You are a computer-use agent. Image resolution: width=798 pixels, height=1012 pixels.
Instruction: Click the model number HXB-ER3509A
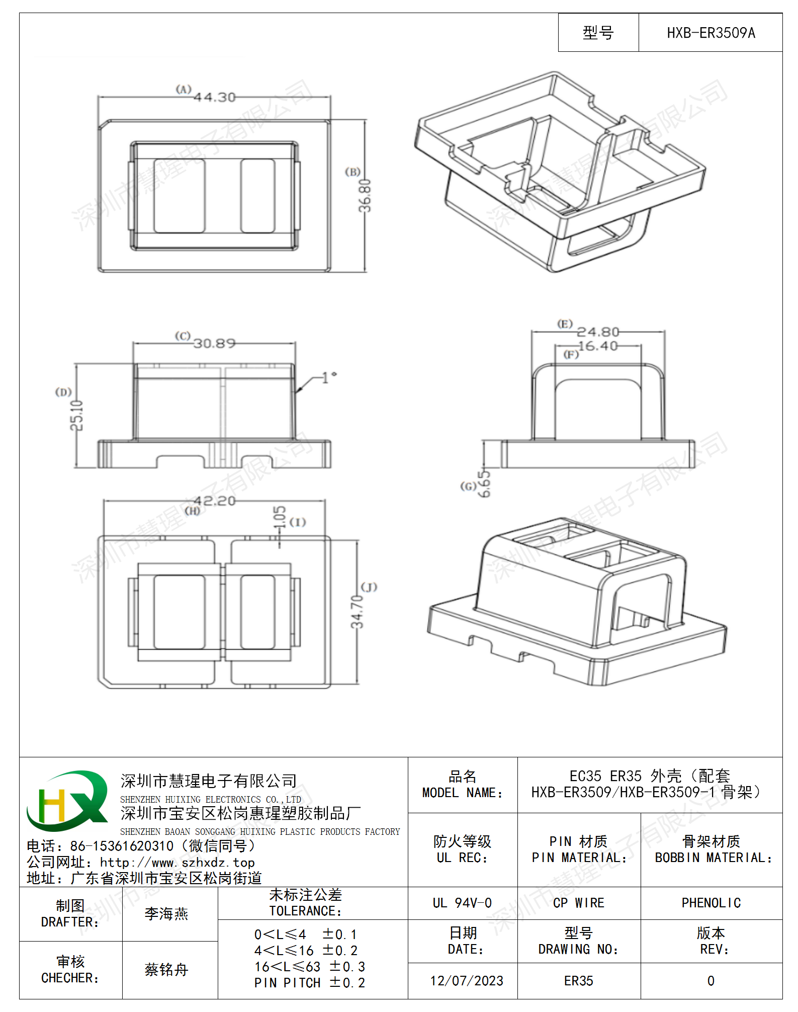coord(711,33)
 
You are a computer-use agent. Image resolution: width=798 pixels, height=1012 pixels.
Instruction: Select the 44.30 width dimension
coord(215,97)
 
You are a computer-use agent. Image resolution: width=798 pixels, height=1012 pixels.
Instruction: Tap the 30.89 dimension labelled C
coord(215,344)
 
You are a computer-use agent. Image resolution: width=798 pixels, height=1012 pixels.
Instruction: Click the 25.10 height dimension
coord(76,416)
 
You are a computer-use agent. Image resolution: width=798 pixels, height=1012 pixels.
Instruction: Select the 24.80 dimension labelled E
coord(598,332)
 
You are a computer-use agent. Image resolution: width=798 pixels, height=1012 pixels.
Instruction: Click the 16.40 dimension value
coord(598,346)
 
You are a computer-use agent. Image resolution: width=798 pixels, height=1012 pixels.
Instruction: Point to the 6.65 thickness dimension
coord(484,484)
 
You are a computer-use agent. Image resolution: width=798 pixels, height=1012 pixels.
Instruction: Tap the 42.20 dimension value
coord(215,501)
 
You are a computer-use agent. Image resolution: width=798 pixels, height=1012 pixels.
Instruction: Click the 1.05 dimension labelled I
coord(280,517)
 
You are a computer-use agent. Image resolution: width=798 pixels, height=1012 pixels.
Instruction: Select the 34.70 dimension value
coord(357,612)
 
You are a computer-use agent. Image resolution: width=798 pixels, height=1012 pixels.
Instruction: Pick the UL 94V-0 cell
coord(462,903)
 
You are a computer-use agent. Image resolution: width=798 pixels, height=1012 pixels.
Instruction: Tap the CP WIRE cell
coord(579,903)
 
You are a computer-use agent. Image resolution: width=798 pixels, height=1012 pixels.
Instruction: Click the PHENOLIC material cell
coord(711,903)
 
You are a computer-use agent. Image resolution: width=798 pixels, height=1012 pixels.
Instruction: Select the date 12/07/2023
coord(467,981)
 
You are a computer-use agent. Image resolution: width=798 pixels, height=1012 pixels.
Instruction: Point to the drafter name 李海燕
coord(166,914)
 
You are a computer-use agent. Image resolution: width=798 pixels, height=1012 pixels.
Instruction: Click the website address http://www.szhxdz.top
coord(177,863)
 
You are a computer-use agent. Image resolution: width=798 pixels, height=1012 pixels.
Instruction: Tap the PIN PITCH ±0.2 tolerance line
coord(310,983)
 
